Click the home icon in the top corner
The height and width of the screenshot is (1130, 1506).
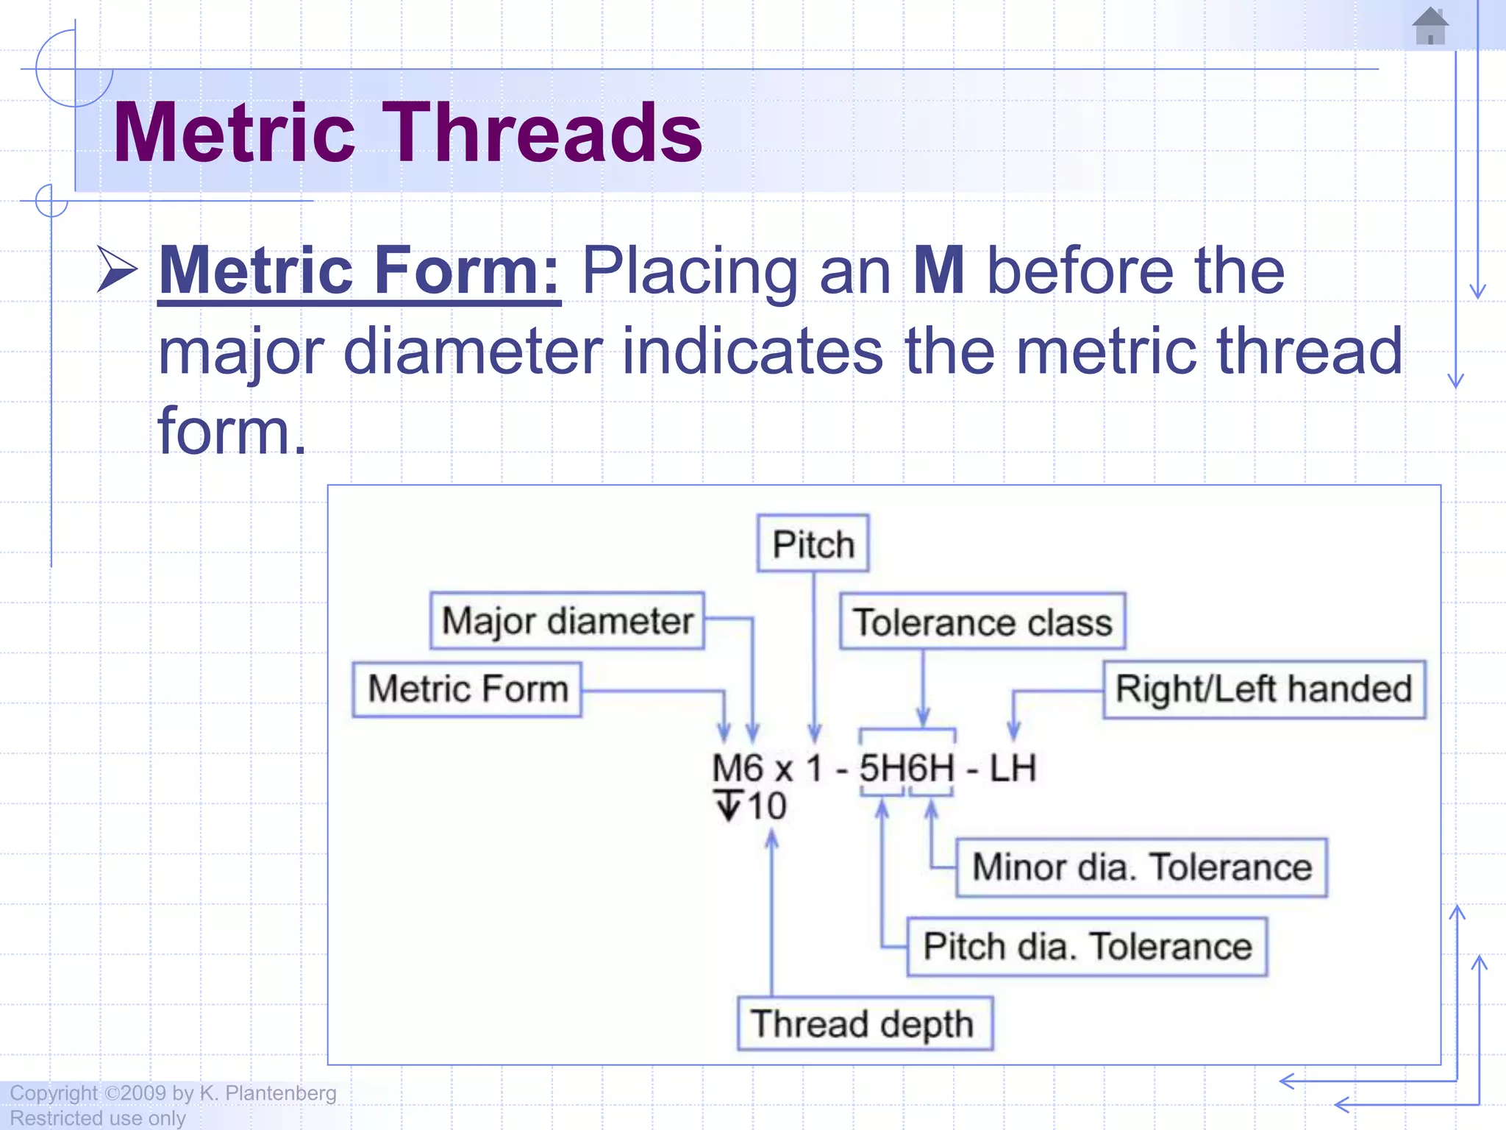click(x=1430, y=26)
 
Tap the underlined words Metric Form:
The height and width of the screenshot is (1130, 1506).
click(x=360, y=271)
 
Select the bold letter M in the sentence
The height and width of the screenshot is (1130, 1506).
click(x=938, y=271)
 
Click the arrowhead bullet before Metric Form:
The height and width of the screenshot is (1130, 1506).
click(x=117, y=270)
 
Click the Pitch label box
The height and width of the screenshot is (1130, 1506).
click(x=813, y=544)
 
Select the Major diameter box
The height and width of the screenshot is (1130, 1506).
click(x=567, y=621)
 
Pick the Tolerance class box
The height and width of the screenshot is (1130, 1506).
click(x=982, y=622)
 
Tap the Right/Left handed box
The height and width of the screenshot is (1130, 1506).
click(x=1263, y=689)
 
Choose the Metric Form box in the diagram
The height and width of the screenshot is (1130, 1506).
click(x=468, y=689)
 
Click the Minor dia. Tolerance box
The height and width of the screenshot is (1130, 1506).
click(x=1141, y=867)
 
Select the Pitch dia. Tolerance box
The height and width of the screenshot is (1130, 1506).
click(x=1087, y=947)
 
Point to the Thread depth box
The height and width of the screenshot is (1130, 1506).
click(x=865, y=1024)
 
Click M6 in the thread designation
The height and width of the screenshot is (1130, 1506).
click(x=738, y=769)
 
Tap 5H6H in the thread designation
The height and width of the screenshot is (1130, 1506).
click(x=907, y=769)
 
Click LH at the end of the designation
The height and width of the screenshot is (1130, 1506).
click(x=1013, y=769)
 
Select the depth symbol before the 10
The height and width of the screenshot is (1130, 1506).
click(x=728, y=806)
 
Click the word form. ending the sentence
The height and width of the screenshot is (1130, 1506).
click(x=232, y=431)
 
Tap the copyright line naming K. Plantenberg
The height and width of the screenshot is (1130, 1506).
click(x=173, y=1093)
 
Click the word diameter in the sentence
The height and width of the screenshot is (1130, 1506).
click(x=472, y=352)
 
